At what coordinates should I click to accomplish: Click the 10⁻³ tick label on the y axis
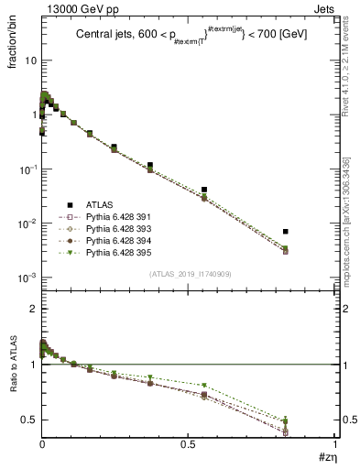(x=27, y=278)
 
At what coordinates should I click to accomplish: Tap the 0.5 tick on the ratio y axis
(x=29, y=420)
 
